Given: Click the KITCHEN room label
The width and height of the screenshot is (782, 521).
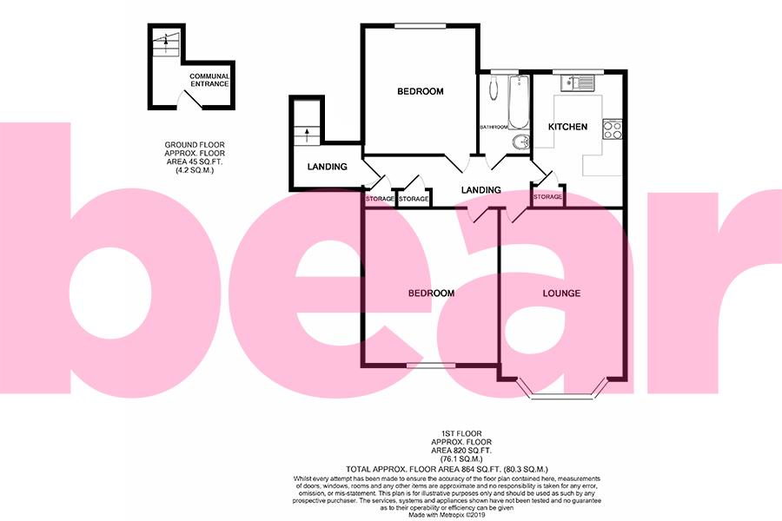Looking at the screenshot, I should pos(567,127).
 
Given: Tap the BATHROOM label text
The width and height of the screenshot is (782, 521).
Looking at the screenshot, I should pos(494,128).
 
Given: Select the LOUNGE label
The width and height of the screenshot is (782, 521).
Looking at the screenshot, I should pos(561,293).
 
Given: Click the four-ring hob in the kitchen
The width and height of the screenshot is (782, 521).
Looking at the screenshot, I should pos(612,130).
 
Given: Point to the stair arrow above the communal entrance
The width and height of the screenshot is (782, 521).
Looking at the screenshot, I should pos(162,40).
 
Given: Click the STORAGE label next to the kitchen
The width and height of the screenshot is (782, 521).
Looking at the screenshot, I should pos(547,197).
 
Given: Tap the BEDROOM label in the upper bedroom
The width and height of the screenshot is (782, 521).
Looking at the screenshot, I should pos(420,91).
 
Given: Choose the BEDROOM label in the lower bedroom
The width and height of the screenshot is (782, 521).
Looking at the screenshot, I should pos(431,293).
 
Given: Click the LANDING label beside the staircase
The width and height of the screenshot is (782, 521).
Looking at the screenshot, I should pos(328,167).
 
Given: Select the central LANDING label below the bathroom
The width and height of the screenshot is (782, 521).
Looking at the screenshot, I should pos(480,190).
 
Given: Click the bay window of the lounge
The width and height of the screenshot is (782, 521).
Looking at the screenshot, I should pos(561,395).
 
